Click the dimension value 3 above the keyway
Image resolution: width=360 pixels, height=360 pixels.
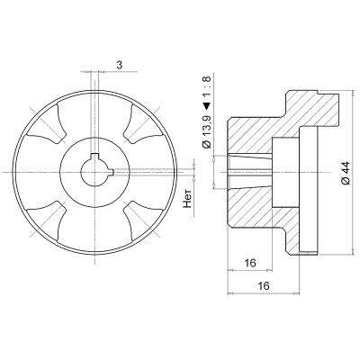pyautogui.click(x=120, y=65)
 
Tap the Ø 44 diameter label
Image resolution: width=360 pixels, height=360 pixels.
pyautogui.click(x=346, y=173)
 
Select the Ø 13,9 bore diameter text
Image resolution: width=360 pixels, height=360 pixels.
pyautogui.click(x=207, y=132)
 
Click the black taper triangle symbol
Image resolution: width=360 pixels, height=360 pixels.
pyautogui.click(x=207, y=106)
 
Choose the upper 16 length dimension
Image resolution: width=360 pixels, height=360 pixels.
pyautogui.click(x=250, y=263)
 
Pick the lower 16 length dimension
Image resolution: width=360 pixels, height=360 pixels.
pyautogui.click(x=264, y=286)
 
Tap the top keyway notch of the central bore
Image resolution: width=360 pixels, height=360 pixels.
pyautogui.click(x=94, y=155)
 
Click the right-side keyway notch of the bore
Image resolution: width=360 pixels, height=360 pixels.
pyautogui.click(x=112, y=172)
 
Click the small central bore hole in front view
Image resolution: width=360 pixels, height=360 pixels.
pyautogui.click(x=95, y=172)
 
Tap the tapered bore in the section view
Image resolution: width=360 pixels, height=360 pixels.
pyautogui.click(x=250, y=172)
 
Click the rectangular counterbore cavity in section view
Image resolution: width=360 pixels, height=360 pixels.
pyautogui.click(x=285, y=172)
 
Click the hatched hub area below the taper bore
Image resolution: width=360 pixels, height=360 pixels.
pyautogui.click(x=250, y=209)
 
